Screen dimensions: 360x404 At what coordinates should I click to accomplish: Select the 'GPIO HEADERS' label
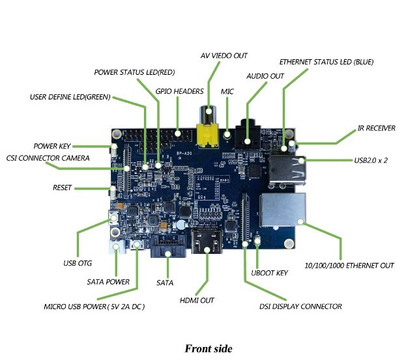(179, 91)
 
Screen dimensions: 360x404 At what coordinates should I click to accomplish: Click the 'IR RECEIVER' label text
(376, 128)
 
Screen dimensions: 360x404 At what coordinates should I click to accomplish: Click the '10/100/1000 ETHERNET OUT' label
(349, 266)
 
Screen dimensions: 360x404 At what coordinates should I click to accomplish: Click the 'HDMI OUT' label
(197, 300)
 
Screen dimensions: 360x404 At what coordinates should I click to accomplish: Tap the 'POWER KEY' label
(51, 146)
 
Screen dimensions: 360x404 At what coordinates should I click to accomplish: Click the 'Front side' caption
(208, 348)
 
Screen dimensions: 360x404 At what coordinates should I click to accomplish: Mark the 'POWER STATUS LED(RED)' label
(134, 72)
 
